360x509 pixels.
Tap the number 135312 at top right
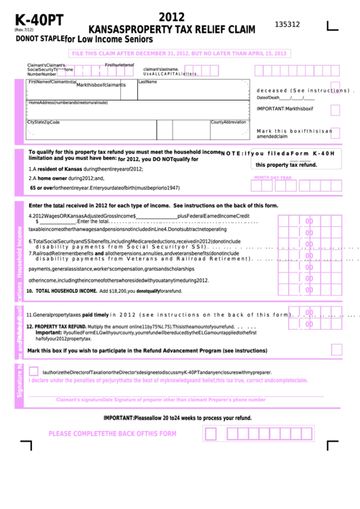click(287, 24)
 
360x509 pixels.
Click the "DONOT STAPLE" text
click(39, 39)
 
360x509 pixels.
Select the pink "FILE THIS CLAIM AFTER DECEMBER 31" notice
click(179, 53)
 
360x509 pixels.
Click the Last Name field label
click(147, 82)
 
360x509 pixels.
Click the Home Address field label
click(67, 103)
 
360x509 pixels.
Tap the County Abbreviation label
click(228, 122)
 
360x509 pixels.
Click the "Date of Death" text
click(268, 98)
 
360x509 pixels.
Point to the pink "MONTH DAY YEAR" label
click(272, 177)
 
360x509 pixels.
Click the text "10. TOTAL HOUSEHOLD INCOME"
click(61, 290)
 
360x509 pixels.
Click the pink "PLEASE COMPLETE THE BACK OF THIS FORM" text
click(112, 434)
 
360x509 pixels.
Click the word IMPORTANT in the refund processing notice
click(118, 418)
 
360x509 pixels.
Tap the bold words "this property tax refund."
click(286, 165)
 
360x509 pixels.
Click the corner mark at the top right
click(332, 26)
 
